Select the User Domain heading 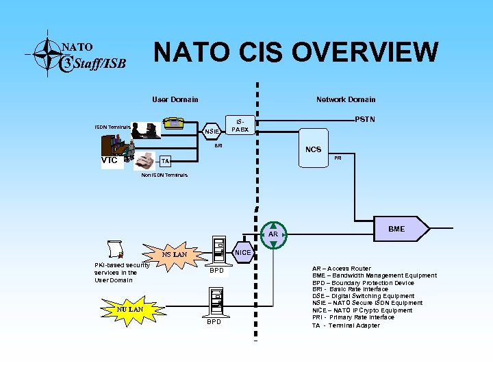coord(175,100)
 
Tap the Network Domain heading coord(346,100)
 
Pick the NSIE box coord(212,131)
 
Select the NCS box coord(313,150)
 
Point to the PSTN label coord(365,120)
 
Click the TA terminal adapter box coord(164,161)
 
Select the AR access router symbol coord(273,234)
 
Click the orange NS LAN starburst coord(174,255)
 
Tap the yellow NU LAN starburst coord(129,309)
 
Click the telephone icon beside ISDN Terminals coord(173,123)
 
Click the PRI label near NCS coord(338,158)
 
